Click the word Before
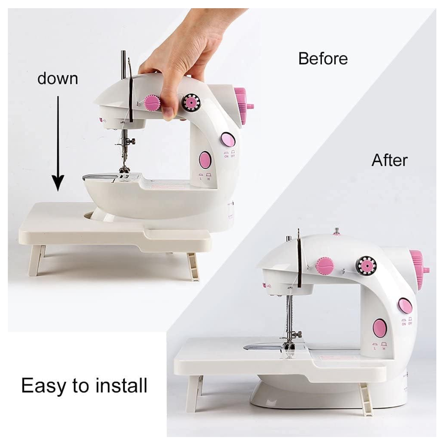click(323, 59)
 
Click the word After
click(389, 160)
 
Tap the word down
click(58, 78)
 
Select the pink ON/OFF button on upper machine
click(228, 140)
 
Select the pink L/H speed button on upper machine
click(205, 160)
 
